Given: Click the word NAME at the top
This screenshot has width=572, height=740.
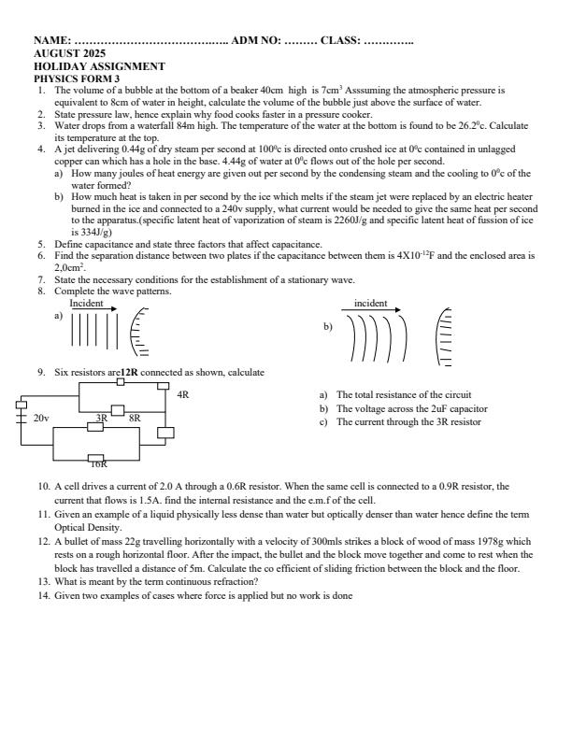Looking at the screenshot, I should click(x=50, y=41).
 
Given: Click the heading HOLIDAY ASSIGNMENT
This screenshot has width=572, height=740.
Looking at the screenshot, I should click(x=99, y=66).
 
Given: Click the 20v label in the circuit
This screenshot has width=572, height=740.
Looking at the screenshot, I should click(x=41, y=419).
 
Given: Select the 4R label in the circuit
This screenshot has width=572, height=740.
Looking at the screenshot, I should click(x=182, y=395).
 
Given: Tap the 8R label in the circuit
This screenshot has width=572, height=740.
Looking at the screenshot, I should click(x=135, y=419).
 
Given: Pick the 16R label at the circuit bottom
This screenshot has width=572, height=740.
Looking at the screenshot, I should click(x=97, y=463).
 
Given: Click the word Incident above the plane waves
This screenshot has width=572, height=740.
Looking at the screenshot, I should click(x=86, y=303).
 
